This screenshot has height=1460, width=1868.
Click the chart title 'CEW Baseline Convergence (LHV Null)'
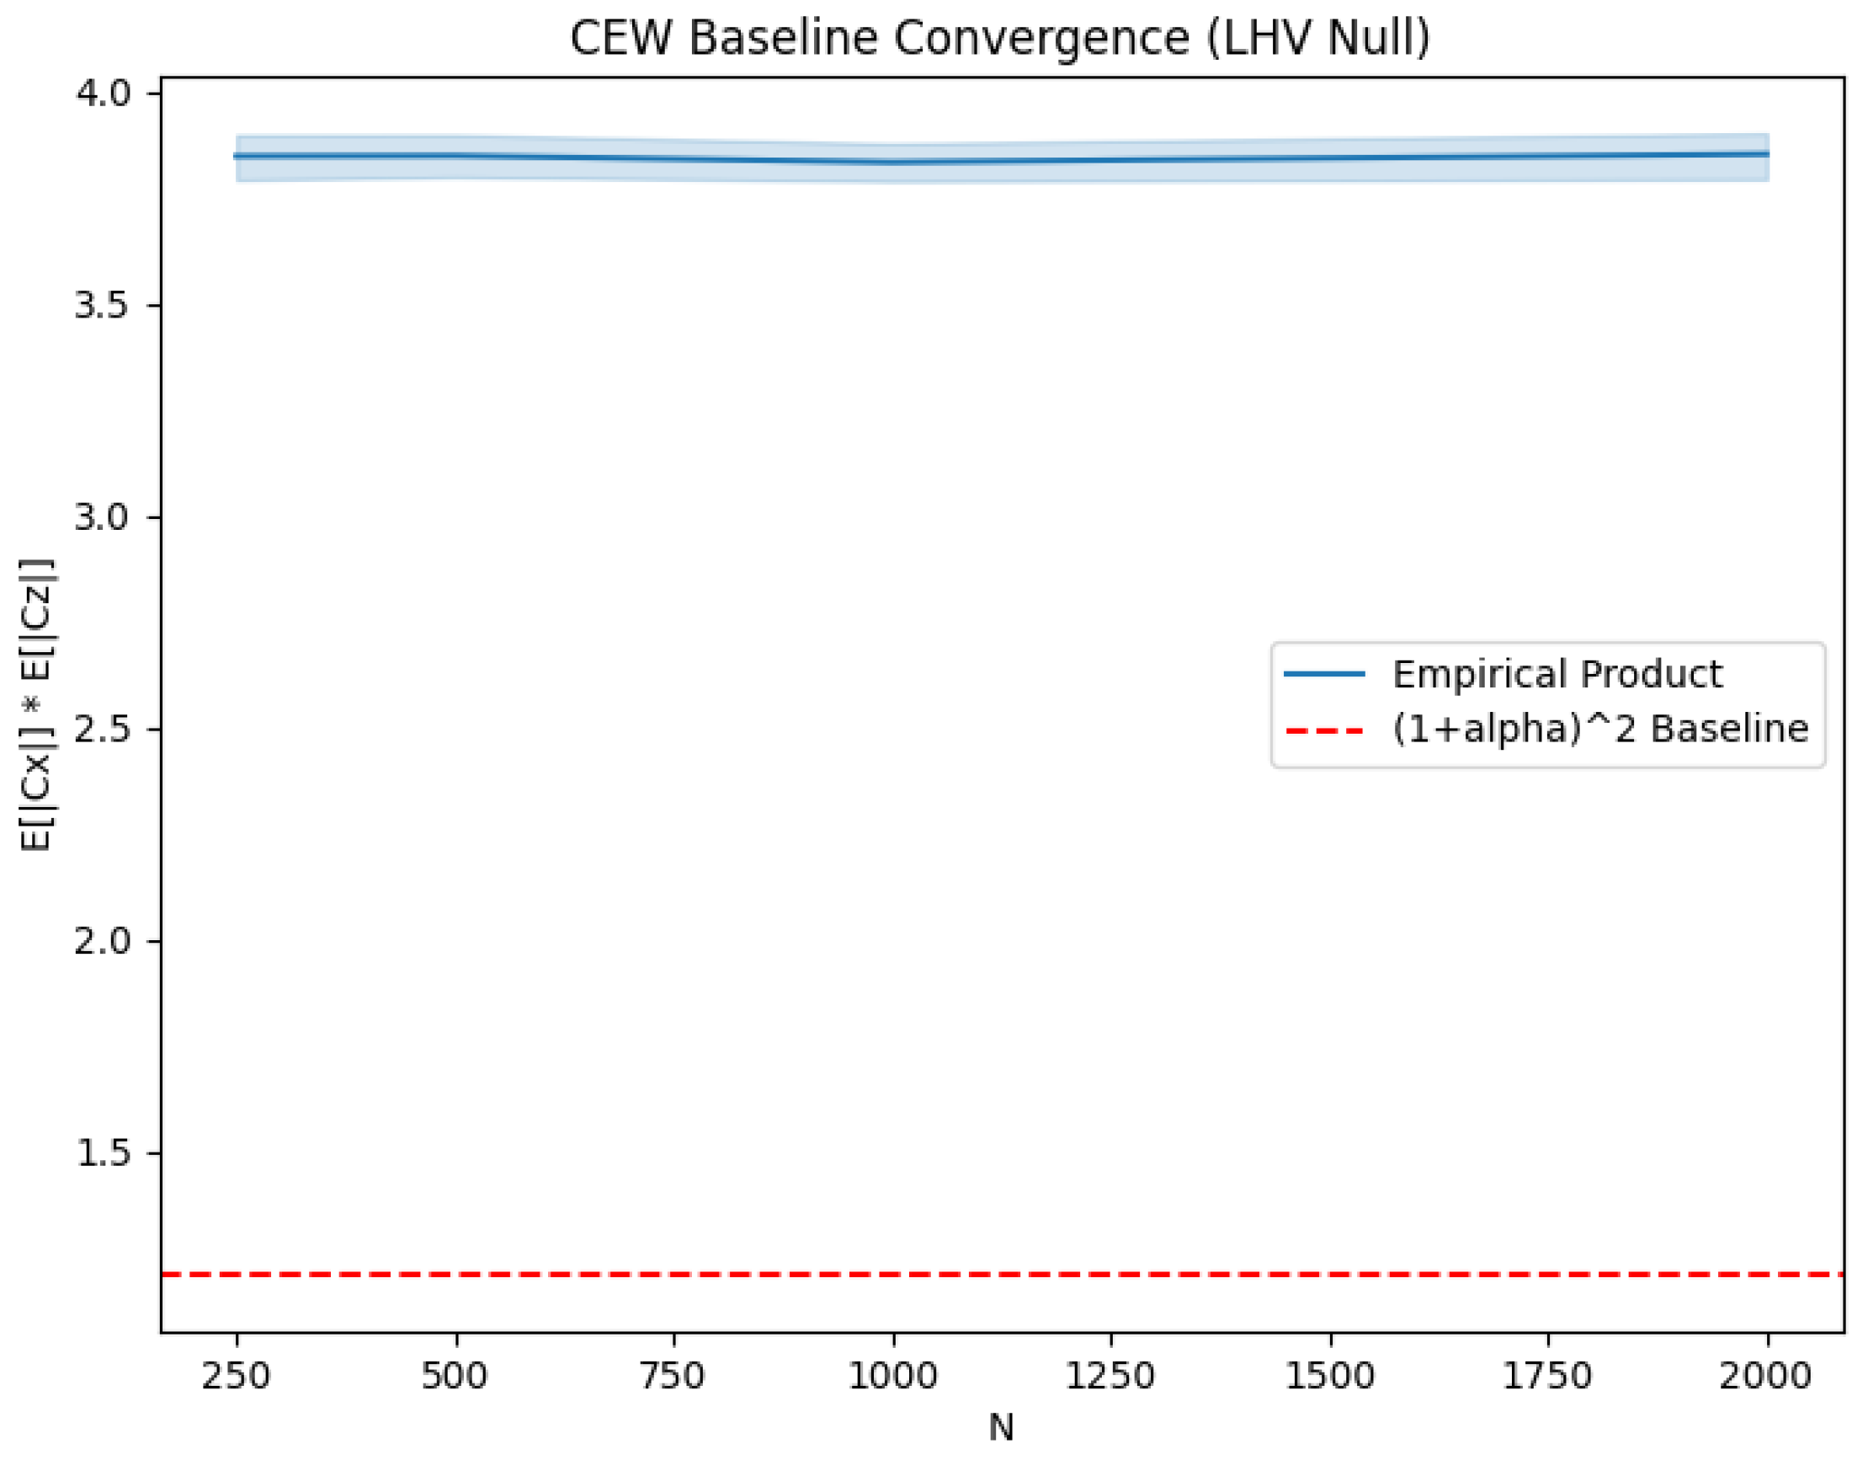coord(1000,39)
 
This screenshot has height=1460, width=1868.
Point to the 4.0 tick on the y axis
coord(102,93)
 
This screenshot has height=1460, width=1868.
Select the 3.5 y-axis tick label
coord(102,305)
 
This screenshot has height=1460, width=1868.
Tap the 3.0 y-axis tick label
coord(102,517)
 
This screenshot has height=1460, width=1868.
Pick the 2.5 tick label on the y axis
coord(102,729)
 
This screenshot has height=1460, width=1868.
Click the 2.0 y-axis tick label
coord(102,941)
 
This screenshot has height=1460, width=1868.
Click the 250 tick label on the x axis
coord(236,1377)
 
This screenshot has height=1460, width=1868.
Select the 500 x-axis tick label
coord(455,1377)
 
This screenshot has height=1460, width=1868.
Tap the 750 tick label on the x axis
coord(674,1377)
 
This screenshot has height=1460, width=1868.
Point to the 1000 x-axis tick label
coord(893,1377)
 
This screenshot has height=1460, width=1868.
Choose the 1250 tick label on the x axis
coord(1111,1377)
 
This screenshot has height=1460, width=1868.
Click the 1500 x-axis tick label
coord(1330,1377)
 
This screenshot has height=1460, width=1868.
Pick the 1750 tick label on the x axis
coord(1548,1377)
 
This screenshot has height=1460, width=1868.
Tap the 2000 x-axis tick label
coord(1767,1377)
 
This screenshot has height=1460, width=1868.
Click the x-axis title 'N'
coord(1001,1427)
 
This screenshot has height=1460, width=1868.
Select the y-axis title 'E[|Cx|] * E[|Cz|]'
coord(37,704)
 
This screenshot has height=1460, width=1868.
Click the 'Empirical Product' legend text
coord(1557,674)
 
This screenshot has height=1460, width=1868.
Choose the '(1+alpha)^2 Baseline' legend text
coord(1600,729)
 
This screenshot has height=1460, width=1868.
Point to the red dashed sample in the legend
coord(1324,730)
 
